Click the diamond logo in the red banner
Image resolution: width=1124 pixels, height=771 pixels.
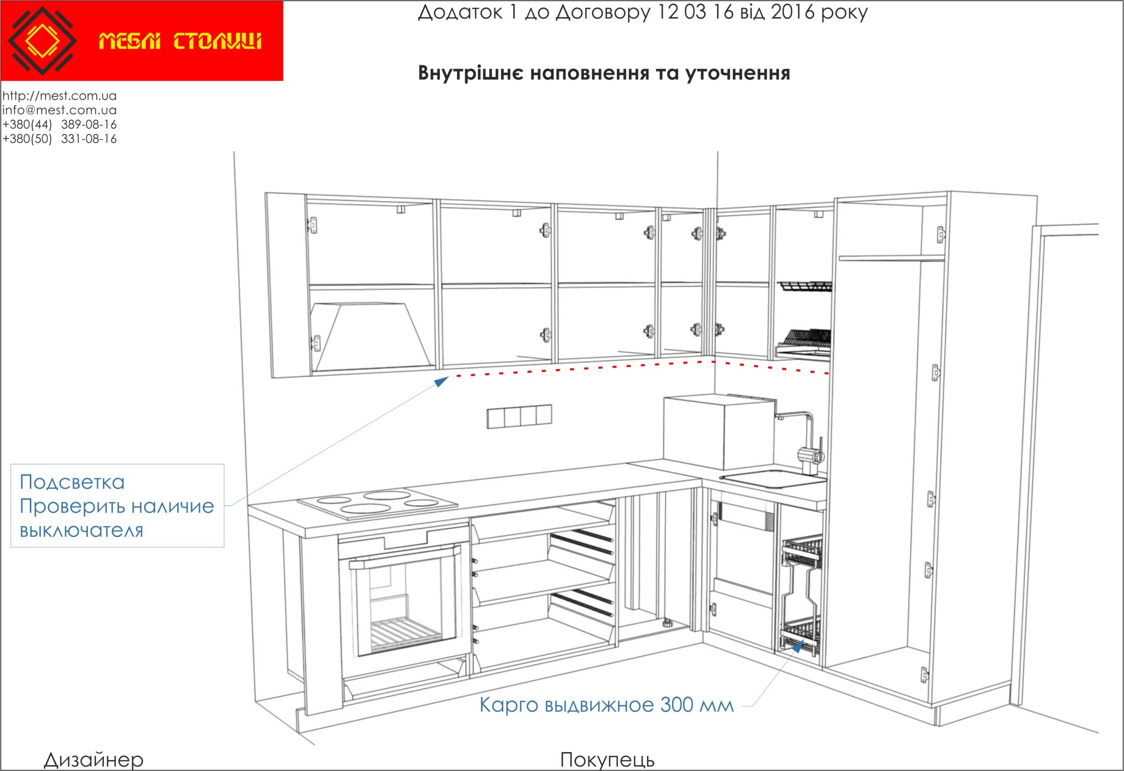coord(43,41)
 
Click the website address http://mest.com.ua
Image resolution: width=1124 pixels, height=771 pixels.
coord(59,96)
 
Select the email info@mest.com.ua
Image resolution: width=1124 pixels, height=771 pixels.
coord(59,110)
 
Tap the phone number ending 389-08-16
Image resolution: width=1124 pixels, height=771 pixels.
coord(59,125)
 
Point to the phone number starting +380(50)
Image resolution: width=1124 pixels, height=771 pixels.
coord(59,139)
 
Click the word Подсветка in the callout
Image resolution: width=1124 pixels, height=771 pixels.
coord(72,482)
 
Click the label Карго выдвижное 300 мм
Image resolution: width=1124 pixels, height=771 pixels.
coord(606,705)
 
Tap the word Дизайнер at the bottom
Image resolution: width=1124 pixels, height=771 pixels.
coord(94,760)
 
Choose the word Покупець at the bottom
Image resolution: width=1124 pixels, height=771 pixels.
coord(608,760)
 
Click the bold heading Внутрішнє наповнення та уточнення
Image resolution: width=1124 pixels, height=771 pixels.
coord(604,73)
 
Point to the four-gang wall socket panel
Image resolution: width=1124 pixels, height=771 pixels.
coord(519,417)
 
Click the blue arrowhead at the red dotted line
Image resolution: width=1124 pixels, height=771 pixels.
coord(442,382)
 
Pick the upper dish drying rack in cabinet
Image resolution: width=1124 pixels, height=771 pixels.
coord(805,286)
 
